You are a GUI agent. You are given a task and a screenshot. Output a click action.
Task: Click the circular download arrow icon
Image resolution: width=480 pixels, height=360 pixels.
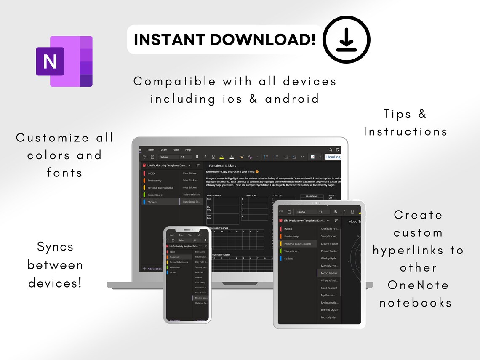coord(347,40)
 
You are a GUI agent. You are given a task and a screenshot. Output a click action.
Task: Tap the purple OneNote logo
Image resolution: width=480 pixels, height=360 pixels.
coord(64,61)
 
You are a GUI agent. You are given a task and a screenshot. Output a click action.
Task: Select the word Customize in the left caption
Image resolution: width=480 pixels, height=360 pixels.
coord(53,138)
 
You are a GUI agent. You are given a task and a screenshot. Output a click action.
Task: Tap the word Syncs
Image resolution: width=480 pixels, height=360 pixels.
coord(55,247)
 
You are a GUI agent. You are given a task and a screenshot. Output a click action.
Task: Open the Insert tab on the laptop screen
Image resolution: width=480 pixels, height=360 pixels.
coord(151,149)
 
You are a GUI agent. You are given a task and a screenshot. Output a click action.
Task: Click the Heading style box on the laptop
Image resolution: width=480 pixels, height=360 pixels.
coord(333,157)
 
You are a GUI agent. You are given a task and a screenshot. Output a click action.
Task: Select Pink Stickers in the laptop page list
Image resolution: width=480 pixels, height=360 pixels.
coord(190,173)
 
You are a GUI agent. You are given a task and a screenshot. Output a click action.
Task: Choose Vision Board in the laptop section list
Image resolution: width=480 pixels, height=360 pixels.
coord(155,195)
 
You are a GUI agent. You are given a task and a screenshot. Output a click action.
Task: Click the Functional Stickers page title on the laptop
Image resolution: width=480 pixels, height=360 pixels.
coord(222,165)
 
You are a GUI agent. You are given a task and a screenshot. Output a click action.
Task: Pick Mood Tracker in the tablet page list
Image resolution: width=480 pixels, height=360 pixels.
coord(329,273)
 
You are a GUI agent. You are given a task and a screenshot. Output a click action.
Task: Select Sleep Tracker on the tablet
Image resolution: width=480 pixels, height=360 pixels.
coord(329,236)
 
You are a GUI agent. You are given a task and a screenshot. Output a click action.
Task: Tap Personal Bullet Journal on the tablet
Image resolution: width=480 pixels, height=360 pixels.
coord(297,244)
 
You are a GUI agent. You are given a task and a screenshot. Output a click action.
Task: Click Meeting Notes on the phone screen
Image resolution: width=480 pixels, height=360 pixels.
coord(201,298)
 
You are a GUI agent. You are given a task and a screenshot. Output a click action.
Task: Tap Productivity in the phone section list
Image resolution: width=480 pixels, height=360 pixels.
coord(175,257)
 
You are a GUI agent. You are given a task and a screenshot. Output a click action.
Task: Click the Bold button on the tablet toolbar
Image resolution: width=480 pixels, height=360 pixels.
coord(336,212)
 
